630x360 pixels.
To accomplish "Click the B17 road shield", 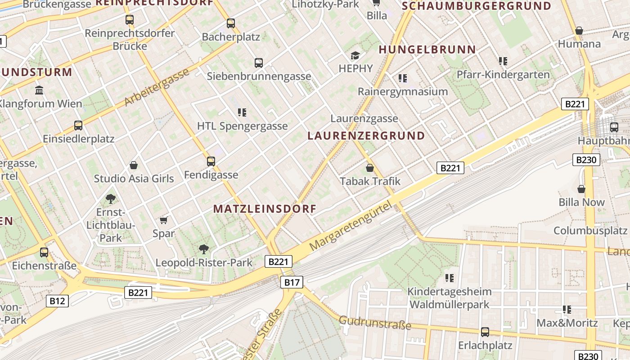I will (292, 282).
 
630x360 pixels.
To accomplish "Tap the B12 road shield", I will (57, 301).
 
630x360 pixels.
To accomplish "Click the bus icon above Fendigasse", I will (211, 161).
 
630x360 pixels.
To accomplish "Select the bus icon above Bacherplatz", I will (231, 23).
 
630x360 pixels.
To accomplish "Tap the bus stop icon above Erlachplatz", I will (485, 332).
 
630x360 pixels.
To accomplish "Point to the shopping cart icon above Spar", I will (164, 220).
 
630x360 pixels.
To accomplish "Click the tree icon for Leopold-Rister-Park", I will (204, 249).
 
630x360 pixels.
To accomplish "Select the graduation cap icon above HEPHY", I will (355, 55).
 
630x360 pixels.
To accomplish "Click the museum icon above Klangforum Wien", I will (39, 90).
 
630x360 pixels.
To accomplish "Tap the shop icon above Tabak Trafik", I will (370, 168).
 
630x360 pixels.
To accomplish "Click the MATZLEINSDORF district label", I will (265, 209).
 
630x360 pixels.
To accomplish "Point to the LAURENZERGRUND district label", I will (366, 135).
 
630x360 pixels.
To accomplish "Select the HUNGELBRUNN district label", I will (427, 49).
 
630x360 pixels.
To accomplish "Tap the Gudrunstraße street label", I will (375, 323).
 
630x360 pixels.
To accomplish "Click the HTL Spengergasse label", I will (242, 126).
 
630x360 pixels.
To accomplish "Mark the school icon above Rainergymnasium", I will (403, 78).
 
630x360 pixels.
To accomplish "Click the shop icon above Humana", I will (579, 31).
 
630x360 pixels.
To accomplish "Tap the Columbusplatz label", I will (590, 230).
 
